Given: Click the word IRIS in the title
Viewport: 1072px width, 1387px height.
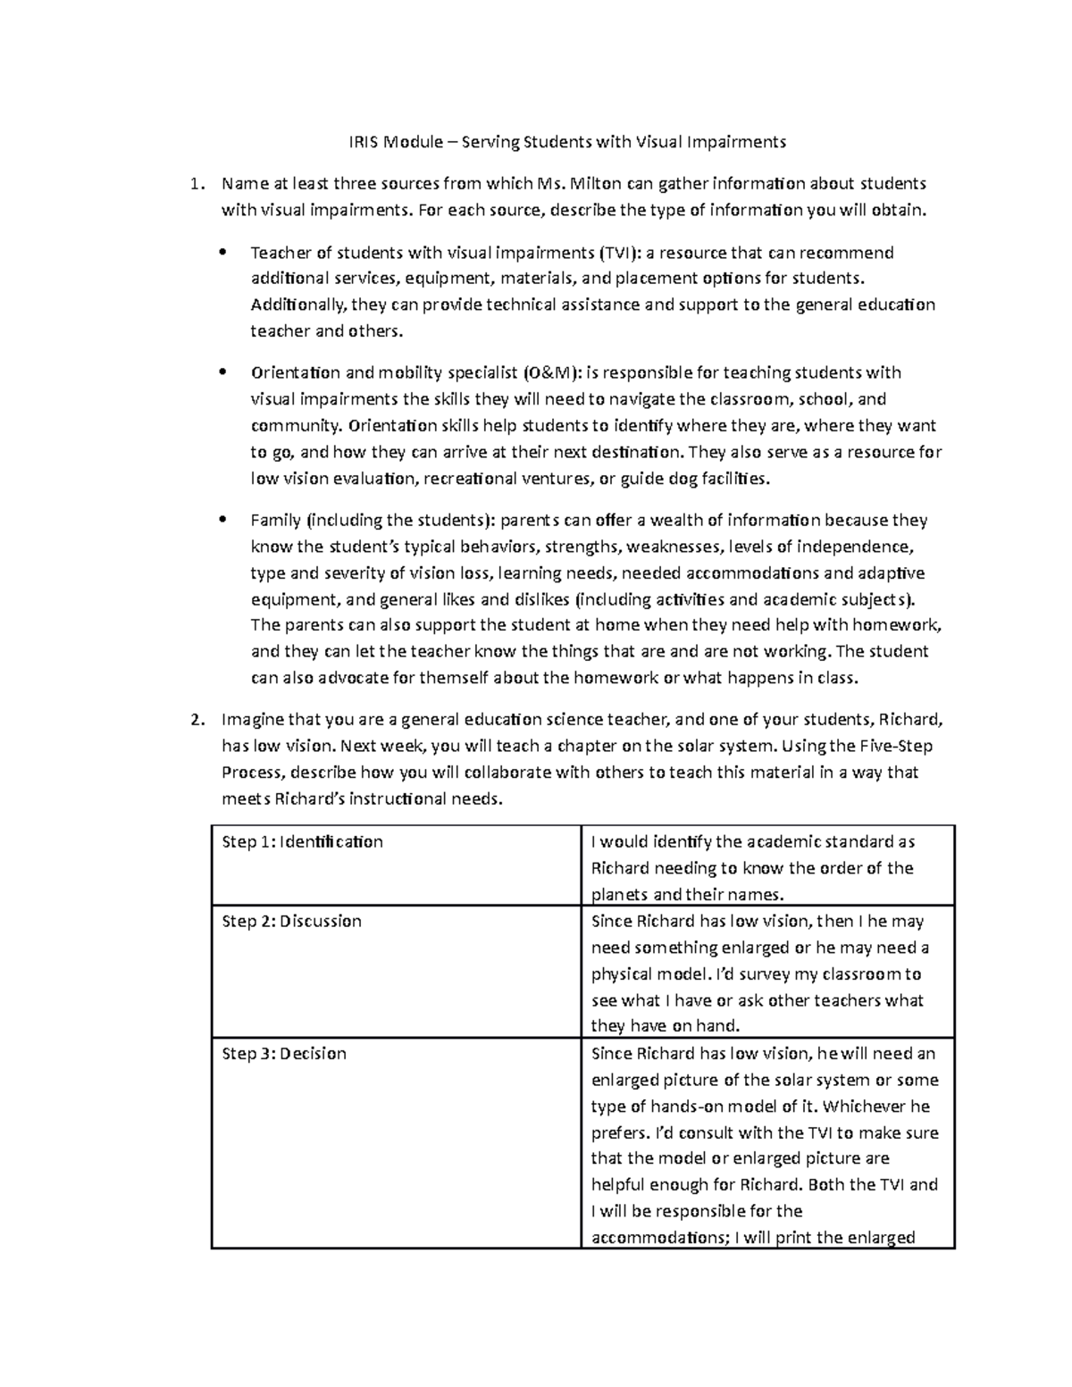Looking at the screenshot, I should point(363,141).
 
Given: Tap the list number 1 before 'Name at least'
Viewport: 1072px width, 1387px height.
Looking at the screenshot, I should point(197,184).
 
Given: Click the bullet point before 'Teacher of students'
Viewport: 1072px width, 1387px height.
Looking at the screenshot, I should point(224,253).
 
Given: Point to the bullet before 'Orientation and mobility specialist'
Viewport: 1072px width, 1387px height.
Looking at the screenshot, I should point(224,372).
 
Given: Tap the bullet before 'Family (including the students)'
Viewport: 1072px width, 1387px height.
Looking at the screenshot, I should point(224,520).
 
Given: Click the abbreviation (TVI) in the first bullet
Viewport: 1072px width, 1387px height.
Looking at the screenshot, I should point(619,253).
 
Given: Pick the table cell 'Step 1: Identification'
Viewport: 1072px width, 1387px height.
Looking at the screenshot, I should point(302,842).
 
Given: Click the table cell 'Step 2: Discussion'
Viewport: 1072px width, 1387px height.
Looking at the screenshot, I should point(291,922).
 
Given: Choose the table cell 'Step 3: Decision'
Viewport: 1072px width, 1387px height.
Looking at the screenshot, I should point(284,1054).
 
